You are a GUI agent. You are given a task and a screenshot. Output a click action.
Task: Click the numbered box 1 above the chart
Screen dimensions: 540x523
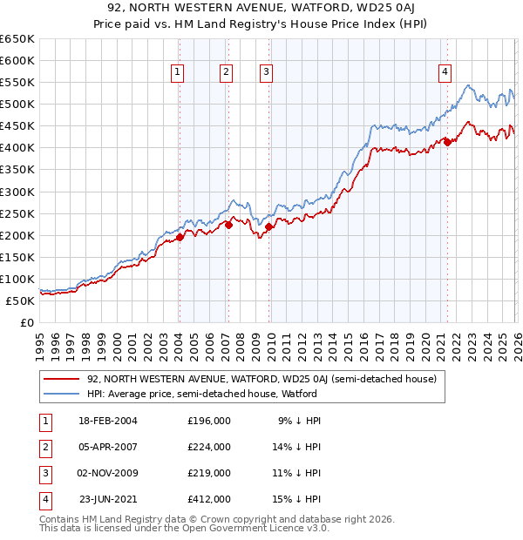click(177, 73)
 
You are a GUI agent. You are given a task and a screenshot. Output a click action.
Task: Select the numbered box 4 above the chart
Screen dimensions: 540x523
click(445, 73)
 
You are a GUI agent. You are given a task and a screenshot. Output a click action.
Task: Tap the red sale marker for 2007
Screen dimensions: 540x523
click(228, 225)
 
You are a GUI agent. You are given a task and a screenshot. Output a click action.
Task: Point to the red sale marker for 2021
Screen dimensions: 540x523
click(447, 142)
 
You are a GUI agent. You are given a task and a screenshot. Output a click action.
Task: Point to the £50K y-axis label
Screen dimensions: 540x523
click(20, 300)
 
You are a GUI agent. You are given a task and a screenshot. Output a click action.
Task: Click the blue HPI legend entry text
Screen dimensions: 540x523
click(201, 394)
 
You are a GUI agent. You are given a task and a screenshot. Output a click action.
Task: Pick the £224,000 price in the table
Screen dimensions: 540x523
click(208, 447)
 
